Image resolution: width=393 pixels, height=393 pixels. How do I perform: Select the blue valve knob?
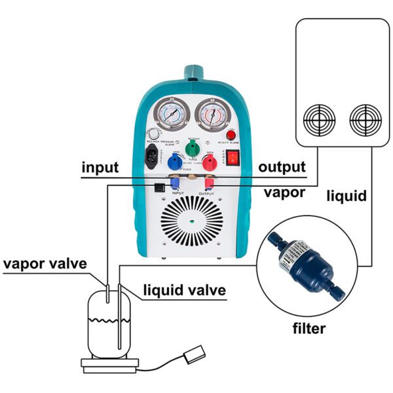(175, 163)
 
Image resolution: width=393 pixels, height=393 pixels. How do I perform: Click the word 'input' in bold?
(100, 167)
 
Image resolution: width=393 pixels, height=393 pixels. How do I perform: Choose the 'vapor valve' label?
(45, 264)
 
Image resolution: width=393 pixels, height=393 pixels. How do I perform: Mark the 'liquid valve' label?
(185, 290)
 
